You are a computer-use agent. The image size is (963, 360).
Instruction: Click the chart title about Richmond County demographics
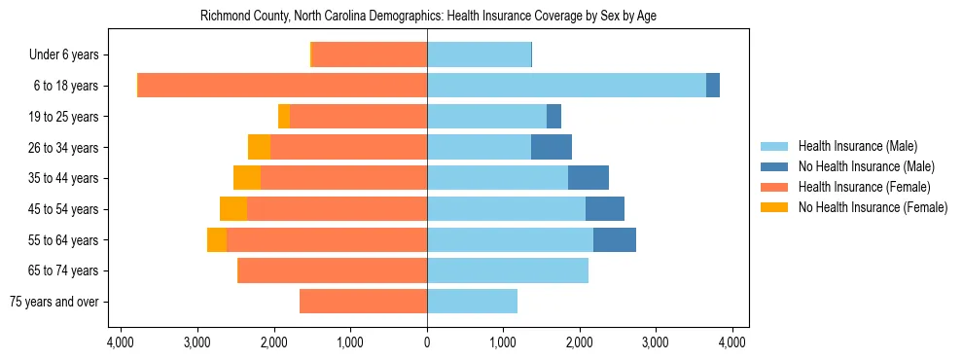(427, 17)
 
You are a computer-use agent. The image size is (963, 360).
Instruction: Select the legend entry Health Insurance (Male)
(857, 146)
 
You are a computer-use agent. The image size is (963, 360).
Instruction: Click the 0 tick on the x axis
(427, 342)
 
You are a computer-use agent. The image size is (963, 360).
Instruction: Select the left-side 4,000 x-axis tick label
(121, 342)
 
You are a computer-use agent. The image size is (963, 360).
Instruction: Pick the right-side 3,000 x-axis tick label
(656, 342)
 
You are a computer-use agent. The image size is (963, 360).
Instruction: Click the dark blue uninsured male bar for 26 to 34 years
(552, 147)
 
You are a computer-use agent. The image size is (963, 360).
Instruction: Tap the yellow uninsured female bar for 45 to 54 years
(233, 209)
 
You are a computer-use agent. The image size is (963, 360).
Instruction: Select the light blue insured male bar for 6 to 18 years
(566, 86)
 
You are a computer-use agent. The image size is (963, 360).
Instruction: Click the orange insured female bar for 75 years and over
(363, 302)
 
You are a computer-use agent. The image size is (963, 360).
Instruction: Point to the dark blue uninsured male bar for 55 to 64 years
(615, 240)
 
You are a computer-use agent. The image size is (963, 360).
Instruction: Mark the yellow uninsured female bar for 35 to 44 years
(247, 178)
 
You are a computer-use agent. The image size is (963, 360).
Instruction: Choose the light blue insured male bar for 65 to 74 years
(508, 270)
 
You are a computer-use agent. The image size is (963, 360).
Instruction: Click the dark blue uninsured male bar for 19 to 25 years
(553, 117)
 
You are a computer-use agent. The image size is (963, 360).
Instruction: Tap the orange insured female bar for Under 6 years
(370, 54)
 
